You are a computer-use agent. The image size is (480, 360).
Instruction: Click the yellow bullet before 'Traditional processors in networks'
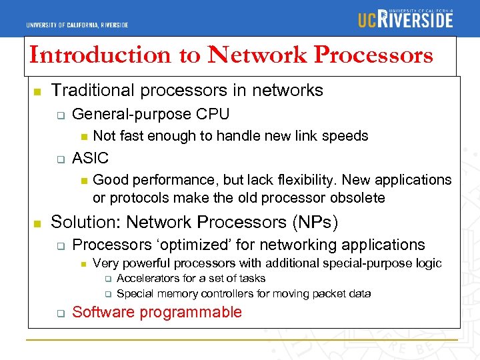tap(37, 91)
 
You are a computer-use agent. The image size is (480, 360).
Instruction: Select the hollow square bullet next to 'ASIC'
tap(59, 159)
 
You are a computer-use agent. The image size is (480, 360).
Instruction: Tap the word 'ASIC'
tap(90, 159)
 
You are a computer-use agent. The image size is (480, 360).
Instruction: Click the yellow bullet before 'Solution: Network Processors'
tap(37, 223)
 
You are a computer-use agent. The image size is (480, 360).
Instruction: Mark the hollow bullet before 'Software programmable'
tap(59, 313)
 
